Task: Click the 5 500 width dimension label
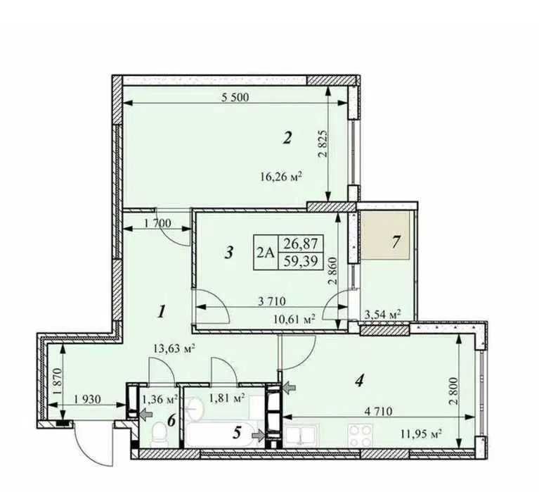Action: click(235, 97)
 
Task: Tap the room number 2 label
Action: click(287, 138)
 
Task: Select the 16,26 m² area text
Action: click(281, 177)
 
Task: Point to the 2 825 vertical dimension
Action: click(322, 144)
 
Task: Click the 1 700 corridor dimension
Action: click(157, 223)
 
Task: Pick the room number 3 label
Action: click(229, 253)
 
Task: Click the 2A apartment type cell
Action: click(266, 253)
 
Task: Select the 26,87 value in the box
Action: click(300, 244)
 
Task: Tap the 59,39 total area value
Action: click(300, 261)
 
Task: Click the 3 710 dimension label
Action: click(271, 301)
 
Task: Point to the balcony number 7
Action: click(396, 241)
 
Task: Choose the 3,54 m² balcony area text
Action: click(382, 314)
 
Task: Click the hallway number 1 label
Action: click(160, 313)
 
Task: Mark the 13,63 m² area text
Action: click(174, 349)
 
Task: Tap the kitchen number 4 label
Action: click(360, 381)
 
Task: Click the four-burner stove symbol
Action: click(360, 435)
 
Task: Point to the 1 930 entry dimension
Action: click(87, 399)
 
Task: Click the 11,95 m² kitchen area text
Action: click(421, 434)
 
